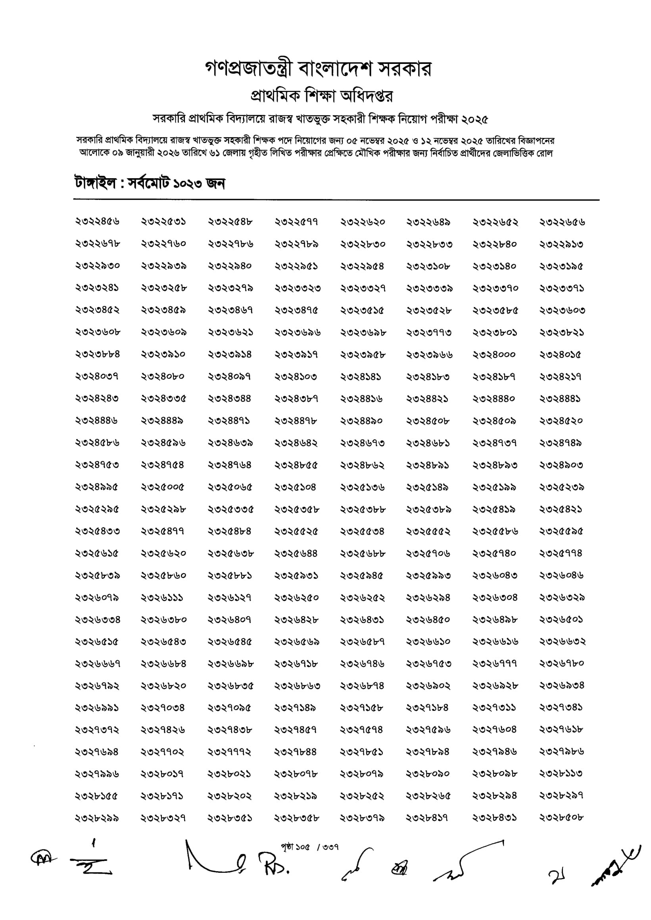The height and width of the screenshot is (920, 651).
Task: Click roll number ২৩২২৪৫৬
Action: (x=97, y=222)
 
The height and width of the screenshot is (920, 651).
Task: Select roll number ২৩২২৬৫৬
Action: (x=562, y=222)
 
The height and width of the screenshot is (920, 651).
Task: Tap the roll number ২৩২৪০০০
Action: (x=494, y=354)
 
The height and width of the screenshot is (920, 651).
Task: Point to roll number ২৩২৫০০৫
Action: (x=163, y=487)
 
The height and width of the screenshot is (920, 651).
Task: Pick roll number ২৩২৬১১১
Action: (x=163, y=598)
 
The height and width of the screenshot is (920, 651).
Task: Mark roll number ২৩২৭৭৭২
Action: (x=229, y=752)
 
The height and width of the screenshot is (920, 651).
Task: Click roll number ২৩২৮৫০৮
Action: (x=562, y=818)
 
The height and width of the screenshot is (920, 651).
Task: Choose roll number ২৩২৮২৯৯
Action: (x=97, y=818)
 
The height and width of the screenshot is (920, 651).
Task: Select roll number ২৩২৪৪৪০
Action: (x=494, y=399)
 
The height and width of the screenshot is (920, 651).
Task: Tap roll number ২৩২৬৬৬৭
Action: (x=97, y=664)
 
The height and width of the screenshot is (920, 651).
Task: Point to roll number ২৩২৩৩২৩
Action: (x=297, y=288)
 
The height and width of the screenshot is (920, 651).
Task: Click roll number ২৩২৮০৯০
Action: (x=428, y=774)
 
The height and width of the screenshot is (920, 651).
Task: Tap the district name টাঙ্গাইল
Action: (x=95, y=184)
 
